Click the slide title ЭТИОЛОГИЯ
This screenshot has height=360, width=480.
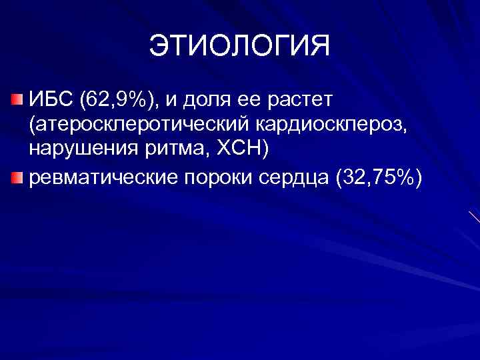pos(239,46)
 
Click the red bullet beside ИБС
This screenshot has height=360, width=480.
pos(15,101)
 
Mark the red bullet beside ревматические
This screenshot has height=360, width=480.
pos(15,177)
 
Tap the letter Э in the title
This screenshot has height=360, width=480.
pos(159,46)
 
